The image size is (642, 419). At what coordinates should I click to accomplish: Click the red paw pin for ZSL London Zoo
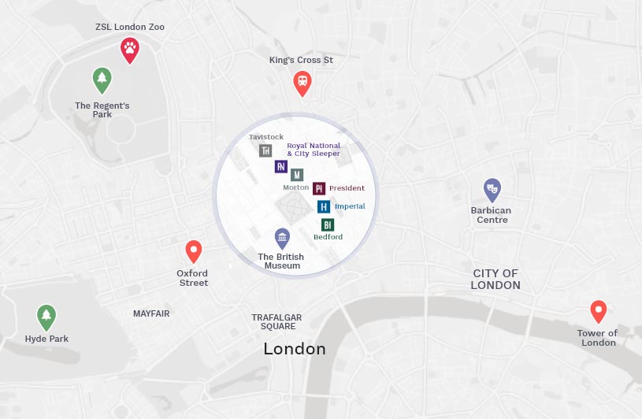[130, 50]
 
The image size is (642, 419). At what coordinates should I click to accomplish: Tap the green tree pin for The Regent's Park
[102, 79]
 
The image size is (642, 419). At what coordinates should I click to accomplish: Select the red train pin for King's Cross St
[302, 82]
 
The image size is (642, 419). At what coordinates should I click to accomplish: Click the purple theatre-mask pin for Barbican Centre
[492, 189]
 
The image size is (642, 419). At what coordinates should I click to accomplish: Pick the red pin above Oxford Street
[194, 250]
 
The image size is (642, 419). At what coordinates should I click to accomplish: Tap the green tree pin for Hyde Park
[46, 317]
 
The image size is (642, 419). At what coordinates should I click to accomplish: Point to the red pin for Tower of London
[598, 310]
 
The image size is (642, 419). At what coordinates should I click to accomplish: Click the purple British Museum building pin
[282, 238]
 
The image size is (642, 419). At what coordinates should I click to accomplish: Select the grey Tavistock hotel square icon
[265, 150]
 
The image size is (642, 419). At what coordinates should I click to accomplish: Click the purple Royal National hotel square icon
[281, 166]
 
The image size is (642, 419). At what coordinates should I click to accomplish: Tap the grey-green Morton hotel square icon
[297, 174]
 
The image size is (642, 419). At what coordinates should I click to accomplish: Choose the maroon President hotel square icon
[319, 188]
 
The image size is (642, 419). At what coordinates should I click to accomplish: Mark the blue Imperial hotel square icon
[324, 206]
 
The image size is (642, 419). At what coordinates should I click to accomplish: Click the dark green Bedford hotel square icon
[328, 224]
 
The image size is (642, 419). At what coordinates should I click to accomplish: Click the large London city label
[295, 348]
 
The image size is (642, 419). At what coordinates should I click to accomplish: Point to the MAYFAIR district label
[151, 313]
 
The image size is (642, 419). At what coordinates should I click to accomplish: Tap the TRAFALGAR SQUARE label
[276, 322]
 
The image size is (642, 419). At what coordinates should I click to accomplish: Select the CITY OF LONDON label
[495, 279]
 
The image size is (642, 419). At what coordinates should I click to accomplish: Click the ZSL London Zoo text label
[130, 27]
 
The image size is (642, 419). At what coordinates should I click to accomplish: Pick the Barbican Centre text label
[491, 215]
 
